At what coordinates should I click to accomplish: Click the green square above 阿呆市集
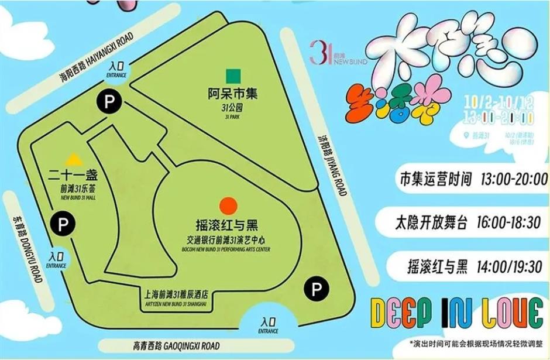[235, 75]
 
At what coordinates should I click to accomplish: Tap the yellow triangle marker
[73, 159]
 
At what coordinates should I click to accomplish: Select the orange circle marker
[228, 205]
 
